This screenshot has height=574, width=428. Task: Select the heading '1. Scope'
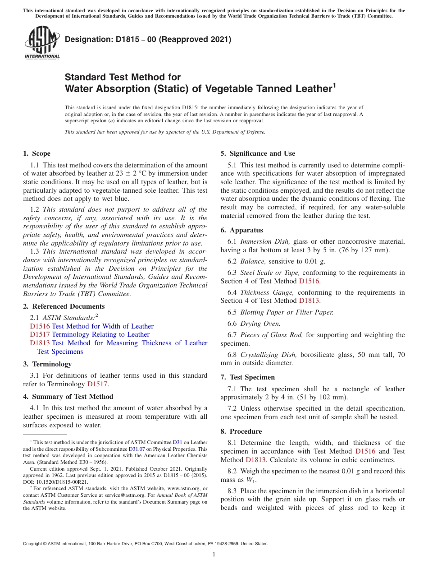point(37,153)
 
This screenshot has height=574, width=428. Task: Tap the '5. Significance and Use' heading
point(258,153)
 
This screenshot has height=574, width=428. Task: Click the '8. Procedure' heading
point(241,431)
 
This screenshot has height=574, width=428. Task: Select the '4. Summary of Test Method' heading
point(68,397)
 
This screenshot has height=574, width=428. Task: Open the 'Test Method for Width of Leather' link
point(103,326)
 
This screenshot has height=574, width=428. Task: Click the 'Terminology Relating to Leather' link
point(100,334)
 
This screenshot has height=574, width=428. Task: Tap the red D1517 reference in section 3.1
point(97,384)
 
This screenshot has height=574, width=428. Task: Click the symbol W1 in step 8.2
point(249,479)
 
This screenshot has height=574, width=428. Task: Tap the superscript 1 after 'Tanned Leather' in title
point(334,85)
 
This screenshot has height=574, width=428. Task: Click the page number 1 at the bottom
point(214,554)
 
